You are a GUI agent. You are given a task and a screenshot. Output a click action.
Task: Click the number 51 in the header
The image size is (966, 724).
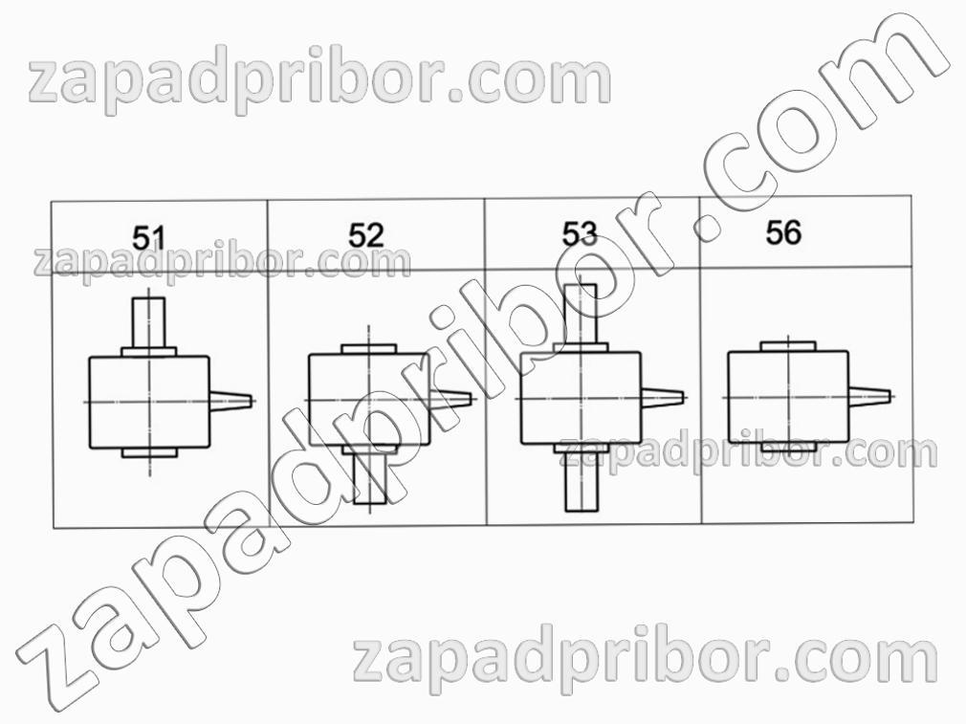(x=149, y=238)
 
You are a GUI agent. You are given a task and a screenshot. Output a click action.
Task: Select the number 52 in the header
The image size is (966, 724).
(x=366, y=235)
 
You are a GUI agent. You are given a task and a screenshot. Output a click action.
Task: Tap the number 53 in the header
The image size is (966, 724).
(x=580, y=233)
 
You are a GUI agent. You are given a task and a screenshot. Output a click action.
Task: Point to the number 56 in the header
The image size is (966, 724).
(x=783, y=232)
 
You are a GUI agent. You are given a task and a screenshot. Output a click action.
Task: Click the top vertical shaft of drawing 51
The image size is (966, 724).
(x=149, y=322)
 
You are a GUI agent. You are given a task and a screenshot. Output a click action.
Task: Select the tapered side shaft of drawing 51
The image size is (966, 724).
(x=231, y=399)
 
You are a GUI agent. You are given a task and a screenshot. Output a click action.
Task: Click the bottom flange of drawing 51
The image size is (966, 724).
(x=150, y=452)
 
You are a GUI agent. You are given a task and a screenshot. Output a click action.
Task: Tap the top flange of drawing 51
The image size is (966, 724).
(x=149, y=352)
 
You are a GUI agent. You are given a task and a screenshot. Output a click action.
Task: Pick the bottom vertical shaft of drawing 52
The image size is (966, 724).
(x=370, y=479)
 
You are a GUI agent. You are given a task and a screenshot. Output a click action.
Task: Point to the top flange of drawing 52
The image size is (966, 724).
(x=368, y=349)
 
